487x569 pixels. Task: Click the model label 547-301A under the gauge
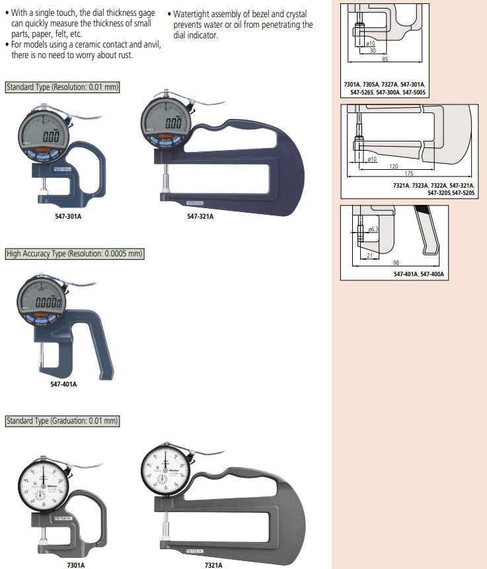click(54, 215)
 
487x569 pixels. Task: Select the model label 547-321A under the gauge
click(200, 216)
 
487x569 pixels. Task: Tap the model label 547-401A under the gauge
click(63, 384)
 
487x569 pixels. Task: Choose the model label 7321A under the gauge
click(214, 565)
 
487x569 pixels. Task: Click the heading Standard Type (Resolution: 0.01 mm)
click(63, 87)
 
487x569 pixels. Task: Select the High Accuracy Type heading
click(74, 254)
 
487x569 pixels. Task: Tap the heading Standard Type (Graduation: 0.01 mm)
click(63, 421)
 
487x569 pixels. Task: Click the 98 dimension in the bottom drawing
click(395, 263)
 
